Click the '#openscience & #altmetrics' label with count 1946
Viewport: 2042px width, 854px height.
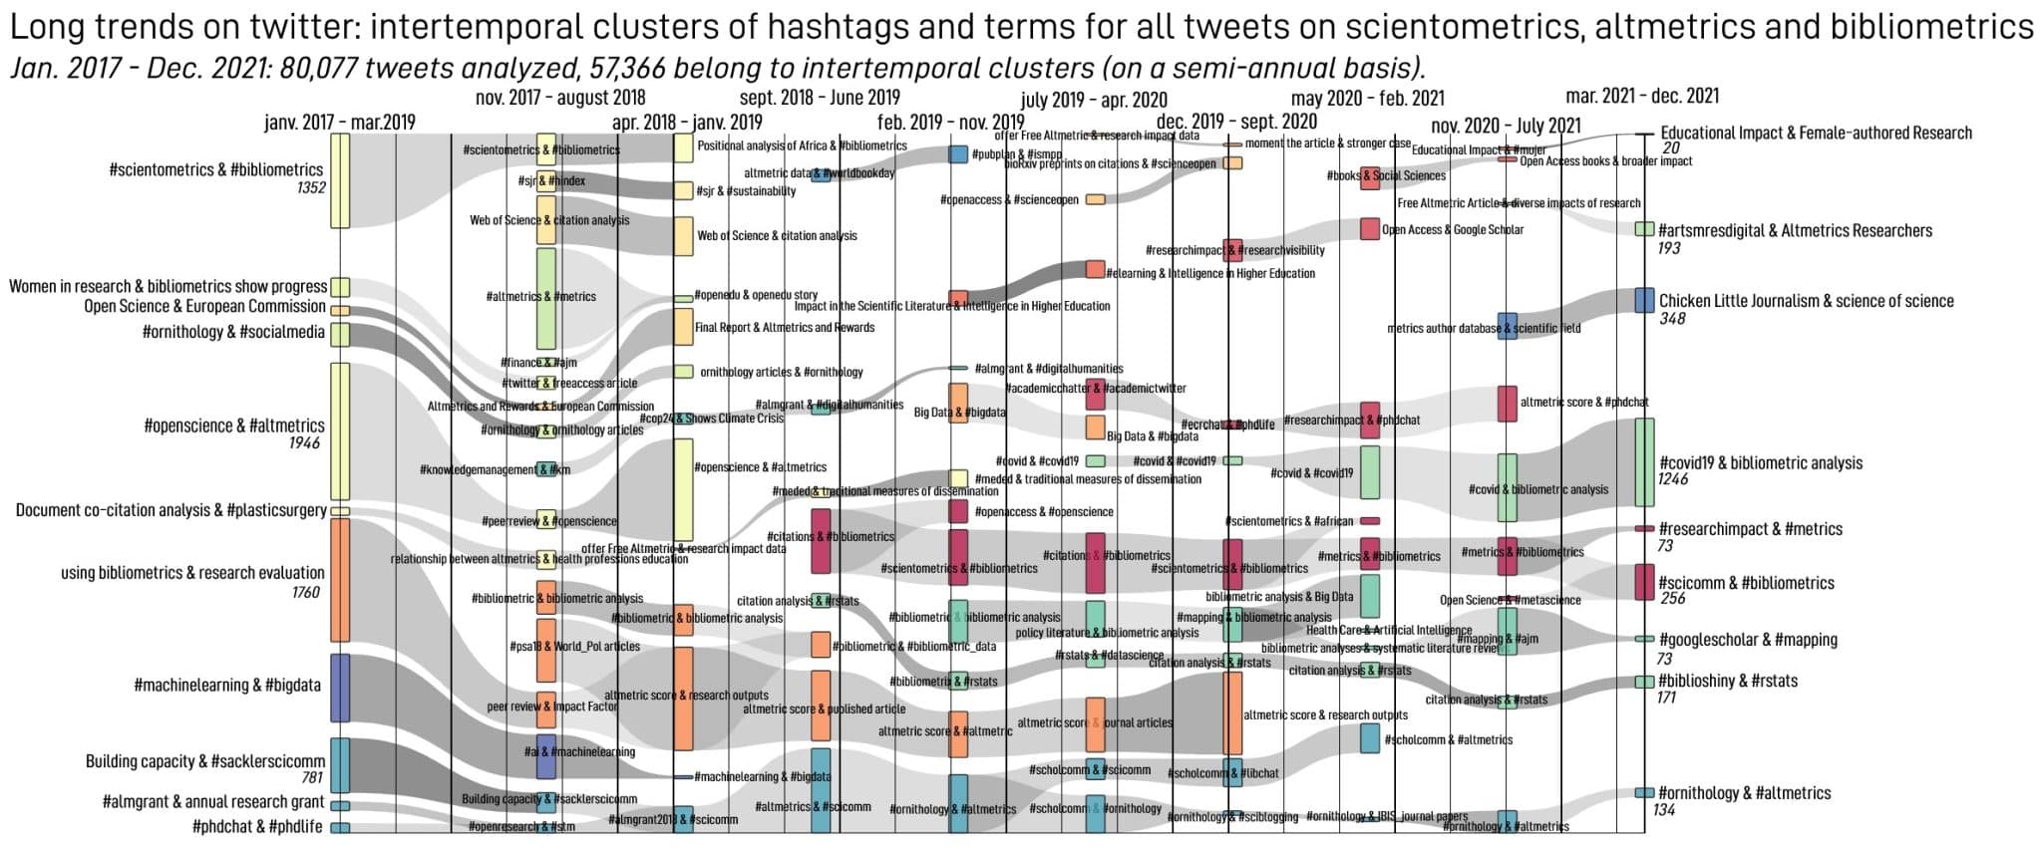(234, 426)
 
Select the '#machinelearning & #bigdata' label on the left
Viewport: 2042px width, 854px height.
(226, 685)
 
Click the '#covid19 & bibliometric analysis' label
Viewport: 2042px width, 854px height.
(1761, 462)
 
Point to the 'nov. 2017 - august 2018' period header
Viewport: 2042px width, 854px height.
(560, 98)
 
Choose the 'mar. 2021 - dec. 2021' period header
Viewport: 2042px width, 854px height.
(1642, 96)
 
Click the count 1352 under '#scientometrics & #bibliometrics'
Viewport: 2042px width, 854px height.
(311, 187)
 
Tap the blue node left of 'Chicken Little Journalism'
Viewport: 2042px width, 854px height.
(1644, 301)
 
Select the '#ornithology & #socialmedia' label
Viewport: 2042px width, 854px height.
(233, 332)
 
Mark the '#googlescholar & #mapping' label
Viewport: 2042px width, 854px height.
(1748, 640)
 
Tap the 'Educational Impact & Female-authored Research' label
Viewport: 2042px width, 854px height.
(1816, 133)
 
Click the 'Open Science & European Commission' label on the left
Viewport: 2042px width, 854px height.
(204, 306)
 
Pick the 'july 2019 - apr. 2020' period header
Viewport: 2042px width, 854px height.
(1094, 100)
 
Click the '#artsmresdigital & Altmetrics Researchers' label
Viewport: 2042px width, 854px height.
(1795, 230)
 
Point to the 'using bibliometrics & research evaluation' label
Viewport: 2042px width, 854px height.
(192, 573)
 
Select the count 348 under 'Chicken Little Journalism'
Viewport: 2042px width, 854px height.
(1672, 319)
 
